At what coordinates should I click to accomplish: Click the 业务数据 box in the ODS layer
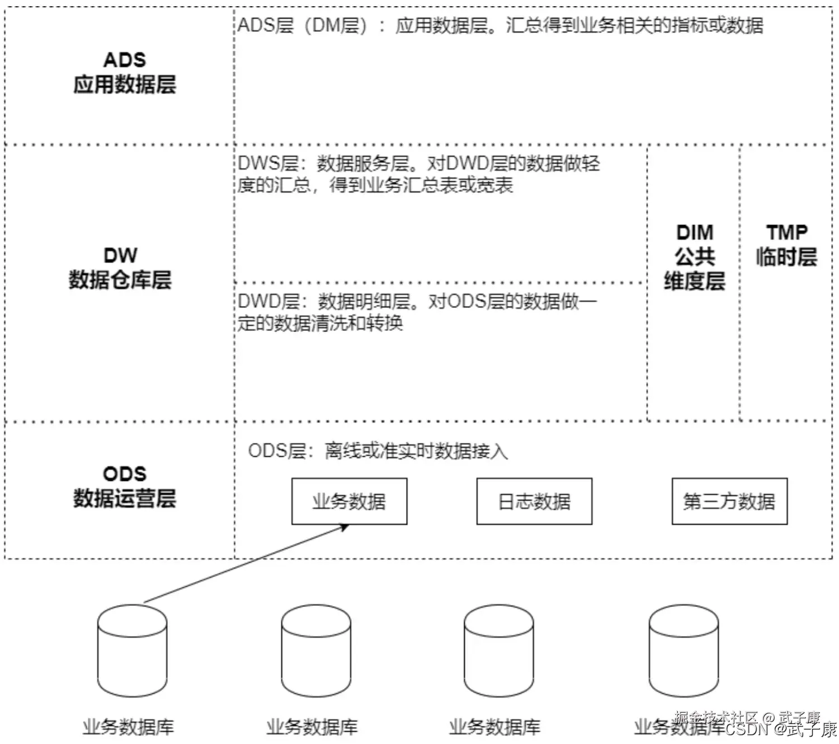pos(349,501)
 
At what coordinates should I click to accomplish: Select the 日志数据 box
pos(534,501)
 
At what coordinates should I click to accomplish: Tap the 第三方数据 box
pos(729,501)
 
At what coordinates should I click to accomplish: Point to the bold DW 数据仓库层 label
pos(120,268)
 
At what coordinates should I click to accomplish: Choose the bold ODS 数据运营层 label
pos(125,486)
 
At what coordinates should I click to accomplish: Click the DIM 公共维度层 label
pos(695,257)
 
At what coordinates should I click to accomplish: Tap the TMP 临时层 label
pos(786,245)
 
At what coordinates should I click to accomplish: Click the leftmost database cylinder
pos(132,651)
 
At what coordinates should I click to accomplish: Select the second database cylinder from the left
pos(316,651)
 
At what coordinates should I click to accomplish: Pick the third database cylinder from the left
pos(499,651)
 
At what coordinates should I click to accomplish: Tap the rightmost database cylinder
pos(684,651)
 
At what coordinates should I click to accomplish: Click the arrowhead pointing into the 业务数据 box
pos(345,527)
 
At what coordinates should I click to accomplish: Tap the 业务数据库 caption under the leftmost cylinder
pos(129,727)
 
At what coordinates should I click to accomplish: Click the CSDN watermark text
pos(747,729)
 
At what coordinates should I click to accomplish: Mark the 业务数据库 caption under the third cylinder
pos(495,727)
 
